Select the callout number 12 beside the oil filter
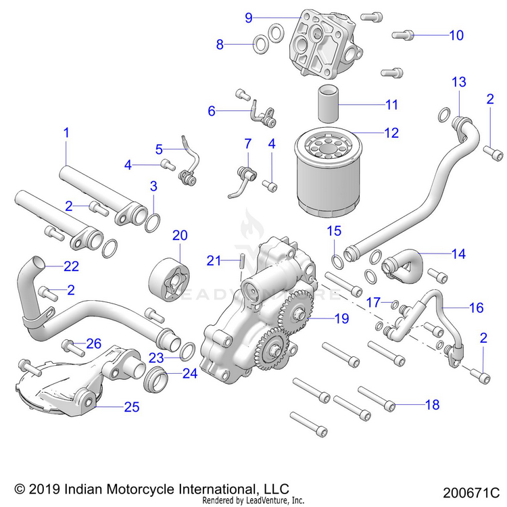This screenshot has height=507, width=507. (391, 133)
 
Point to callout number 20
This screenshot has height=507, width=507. (179, 235)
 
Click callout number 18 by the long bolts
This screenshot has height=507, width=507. (431, 405)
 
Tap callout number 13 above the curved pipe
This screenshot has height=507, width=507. (459, 82)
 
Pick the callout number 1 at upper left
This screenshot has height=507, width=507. (66, 133)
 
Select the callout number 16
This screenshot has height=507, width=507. (476, 308)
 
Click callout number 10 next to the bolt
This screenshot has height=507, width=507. (456, 34)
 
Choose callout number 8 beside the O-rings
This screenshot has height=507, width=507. (220, 45)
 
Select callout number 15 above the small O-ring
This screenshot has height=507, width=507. (335, 231)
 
